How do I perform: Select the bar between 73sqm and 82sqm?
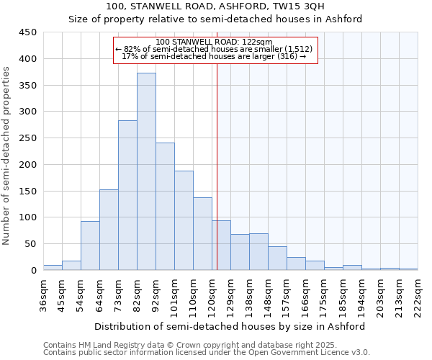click(127, 195)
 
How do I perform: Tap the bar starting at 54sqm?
click(90, 246)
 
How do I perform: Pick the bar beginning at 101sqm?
click(184, 220)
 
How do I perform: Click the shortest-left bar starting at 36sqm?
click(53, 267)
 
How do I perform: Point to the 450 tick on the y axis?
click(28, 32)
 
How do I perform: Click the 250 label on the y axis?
click(28, 138)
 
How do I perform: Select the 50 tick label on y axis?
click(31, 244)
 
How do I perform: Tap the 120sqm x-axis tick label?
click(212, 293)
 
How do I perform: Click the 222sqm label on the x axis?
click(418, 293)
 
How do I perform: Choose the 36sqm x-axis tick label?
click(43, 293)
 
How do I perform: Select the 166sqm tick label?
click(305, 293)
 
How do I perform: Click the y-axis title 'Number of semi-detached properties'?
click(7, 156)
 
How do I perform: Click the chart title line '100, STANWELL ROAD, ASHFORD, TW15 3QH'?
click(215, 6)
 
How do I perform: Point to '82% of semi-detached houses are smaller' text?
click(215, 49)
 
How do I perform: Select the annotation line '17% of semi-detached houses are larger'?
click(215, 56)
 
